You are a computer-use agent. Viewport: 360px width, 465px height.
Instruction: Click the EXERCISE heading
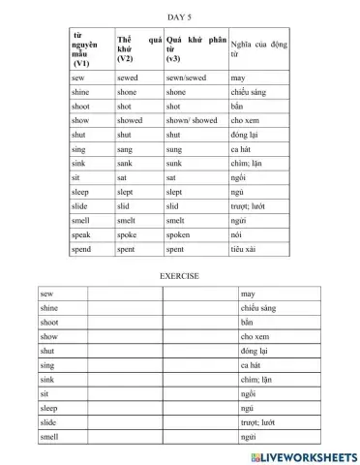coord(179,276)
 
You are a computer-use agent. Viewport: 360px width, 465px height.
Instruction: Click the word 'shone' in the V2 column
coord(127,91)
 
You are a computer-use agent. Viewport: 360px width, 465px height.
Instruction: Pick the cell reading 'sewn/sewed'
coord(187,77)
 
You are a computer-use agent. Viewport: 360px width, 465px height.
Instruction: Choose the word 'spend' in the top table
coord(82,250)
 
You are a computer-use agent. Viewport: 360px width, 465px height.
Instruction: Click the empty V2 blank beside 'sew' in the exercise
coord(123,293)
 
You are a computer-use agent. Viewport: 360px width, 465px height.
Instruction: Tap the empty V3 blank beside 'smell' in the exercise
coord(198,438)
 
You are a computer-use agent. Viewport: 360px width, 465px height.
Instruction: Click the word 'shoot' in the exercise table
coord(50,322)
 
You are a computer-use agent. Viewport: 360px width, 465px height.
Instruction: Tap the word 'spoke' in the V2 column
coord(127,235)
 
